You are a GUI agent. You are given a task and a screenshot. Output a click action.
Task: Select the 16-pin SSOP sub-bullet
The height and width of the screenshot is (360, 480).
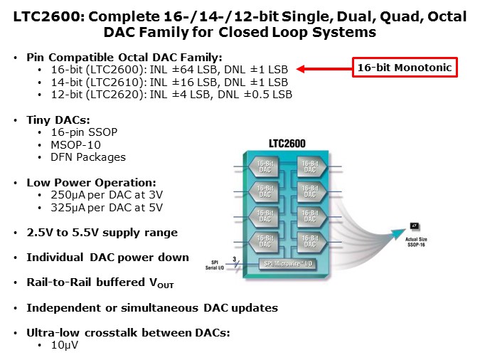(x=81, y=132)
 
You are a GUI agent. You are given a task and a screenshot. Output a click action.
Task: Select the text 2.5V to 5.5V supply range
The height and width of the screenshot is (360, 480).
(x=102, y=233)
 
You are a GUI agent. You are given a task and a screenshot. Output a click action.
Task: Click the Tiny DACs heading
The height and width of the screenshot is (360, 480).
(x=62, y=120)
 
